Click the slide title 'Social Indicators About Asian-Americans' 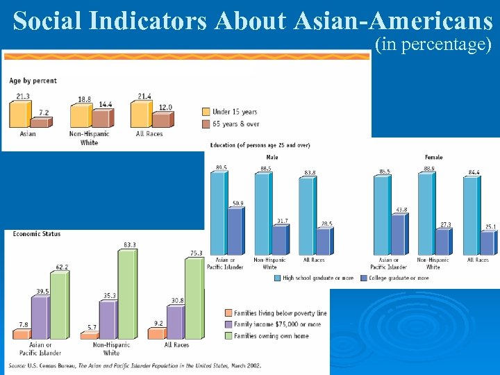(252, 21)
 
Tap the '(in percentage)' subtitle (433, 46)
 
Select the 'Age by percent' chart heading (33, 81)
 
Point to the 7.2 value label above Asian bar (44, 112)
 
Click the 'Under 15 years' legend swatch (206, 111)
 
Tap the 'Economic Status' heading (37, 234)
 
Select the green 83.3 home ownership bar (127, 294)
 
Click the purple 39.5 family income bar (40, 317)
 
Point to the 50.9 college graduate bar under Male (236, 231)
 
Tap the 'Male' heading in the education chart (272, 158)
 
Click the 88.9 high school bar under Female (426, 214)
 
